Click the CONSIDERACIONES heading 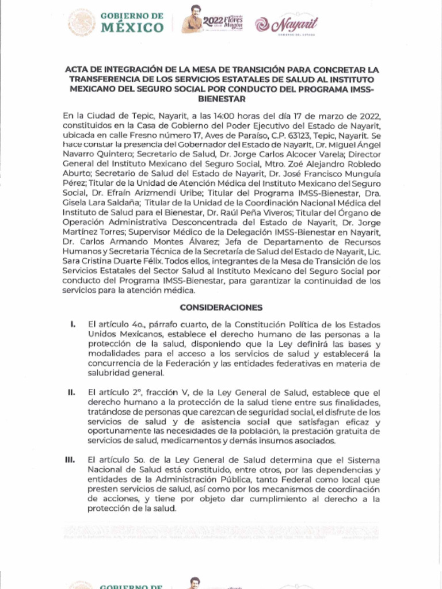click(x=221, y=308)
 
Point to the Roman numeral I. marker click(x=73, y=325)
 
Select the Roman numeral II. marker click(x=72, y=392)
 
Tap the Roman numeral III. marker click(x=71, y=460)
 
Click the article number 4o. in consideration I click(x=126, y=325)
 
